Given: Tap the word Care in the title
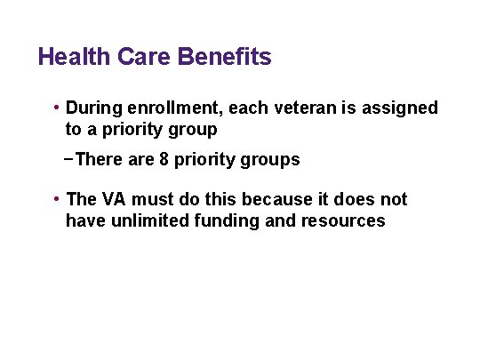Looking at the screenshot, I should click(143, 59).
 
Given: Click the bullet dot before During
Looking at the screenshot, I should click(57, 108).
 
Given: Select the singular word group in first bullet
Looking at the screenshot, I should click(192, 130).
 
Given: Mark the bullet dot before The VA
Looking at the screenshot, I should click(57, 200).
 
